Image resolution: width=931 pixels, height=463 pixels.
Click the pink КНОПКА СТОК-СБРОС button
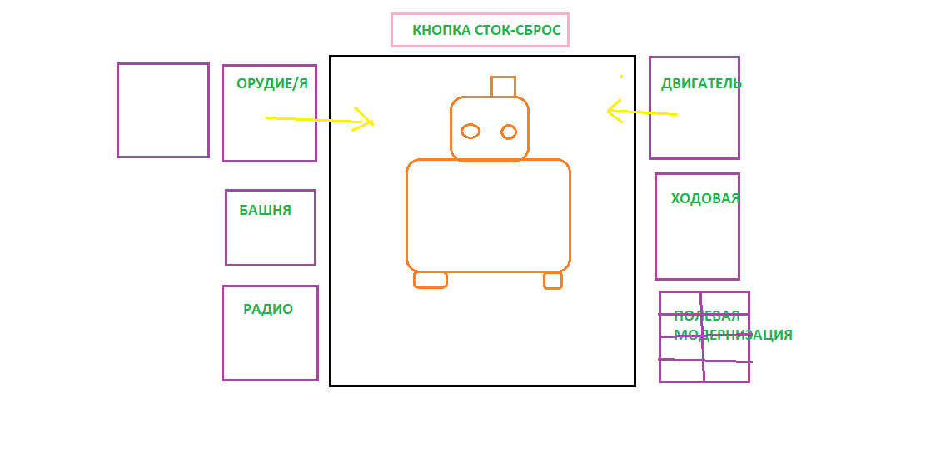pos(480,30)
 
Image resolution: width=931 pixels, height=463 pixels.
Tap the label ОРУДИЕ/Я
pos(272,83)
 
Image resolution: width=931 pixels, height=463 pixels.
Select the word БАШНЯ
pos(265,210)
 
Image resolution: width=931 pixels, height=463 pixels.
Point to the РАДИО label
pos(268,309)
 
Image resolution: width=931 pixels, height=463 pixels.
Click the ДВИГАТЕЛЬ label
pos(701,83)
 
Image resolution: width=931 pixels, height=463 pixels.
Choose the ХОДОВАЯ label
pos(705,198)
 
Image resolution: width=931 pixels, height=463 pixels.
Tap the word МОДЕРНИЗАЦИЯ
pos(733,335)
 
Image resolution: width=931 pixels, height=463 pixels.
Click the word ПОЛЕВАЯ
pos(707,316)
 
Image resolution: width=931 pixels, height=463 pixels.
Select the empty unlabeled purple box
pos(162,110)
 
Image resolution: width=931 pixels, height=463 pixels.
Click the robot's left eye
pos(470,131)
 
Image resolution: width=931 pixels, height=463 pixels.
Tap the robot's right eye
pos(509,132)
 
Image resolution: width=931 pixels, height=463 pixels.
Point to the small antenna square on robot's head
pos(503,87)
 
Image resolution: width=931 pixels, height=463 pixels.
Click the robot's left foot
pos(430,280)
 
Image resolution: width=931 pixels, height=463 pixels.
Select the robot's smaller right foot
pos(552,281)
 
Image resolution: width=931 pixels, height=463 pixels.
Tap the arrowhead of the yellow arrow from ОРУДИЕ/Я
pos(366,122)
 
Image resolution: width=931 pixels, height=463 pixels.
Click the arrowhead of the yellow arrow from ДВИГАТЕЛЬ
pos(613,111)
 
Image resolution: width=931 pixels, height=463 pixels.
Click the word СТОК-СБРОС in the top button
pos(516,31)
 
